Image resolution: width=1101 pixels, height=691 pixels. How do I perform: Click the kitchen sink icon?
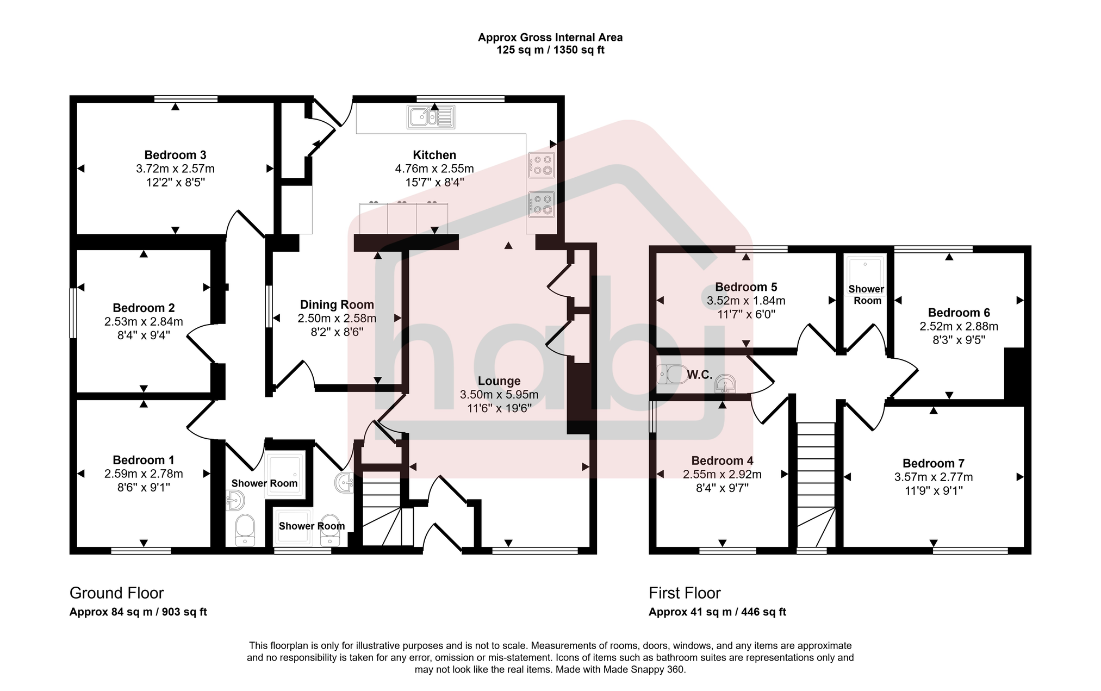(x=431, y=117)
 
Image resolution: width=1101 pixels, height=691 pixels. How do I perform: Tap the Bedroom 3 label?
(x=175, y=155)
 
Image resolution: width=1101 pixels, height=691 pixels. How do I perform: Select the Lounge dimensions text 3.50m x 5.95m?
(x=499, y=395)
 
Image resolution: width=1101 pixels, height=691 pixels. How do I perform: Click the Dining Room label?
(x=337, y=304)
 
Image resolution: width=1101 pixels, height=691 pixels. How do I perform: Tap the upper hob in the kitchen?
(x=541, y=165)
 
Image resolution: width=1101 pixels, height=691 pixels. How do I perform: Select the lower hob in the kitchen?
(x=541, y=204)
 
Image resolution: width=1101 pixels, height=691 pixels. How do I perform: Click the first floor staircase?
(x=816, y=484)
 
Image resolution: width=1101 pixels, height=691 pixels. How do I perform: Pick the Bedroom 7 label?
(x=933, y=463)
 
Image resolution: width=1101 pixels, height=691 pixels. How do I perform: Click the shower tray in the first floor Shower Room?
(x=866, y=270)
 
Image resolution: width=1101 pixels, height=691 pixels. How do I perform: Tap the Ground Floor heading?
(x=116, y=593)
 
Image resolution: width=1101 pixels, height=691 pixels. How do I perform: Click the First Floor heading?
(x=685, y=593)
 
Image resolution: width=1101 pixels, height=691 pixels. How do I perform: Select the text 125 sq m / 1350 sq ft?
(x=550, y=51)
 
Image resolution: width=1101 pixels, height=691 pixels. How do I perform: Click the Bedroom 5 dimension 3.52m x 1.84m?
(x=746, y=301)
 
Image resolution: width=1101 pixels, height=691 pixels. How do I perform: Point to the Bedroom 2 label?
(x=144, y=308)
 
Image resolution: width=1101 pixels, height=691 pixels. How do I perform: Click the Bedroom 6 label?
(x=959, y=313)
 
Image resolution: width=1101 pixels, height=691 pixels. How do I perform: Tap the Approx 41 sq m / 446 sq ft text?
(x=717, y=612)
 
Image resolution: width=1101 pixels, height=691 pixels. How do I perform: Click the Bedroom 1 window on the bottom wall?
(x=141, y=551)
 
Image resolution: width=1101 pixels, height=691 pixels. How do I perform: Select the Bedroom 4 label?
(x=722, y=460)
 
